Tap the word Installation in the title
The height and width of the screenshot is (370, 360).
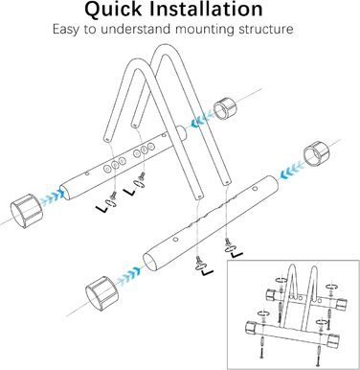point(207,9)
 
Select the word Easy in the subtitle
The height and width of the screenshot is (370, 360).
point(66,30)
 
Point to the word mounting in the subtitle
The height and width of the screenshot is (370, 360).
point(205,30)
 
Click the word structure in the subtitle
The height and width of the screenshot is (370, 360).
point(266,29)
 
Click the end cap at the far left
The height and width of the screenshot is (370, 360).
point(27,210)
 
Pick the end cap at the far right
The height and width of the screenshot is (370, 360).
point(316,153)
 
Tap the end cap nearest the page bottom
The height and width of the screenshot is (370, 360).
point(102,292)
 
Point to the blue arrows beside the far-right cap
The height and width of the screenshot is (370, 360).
point(291,171)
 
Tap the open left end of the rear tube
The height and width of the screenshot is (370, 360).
point(66,192)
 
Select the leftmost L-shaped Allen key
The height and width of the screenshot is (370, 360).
point(102,209)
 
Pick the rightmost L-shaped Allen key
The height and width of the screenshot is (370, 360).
point(236,255)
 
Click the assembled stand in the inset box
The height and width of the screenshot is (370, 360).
point(293,314)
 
